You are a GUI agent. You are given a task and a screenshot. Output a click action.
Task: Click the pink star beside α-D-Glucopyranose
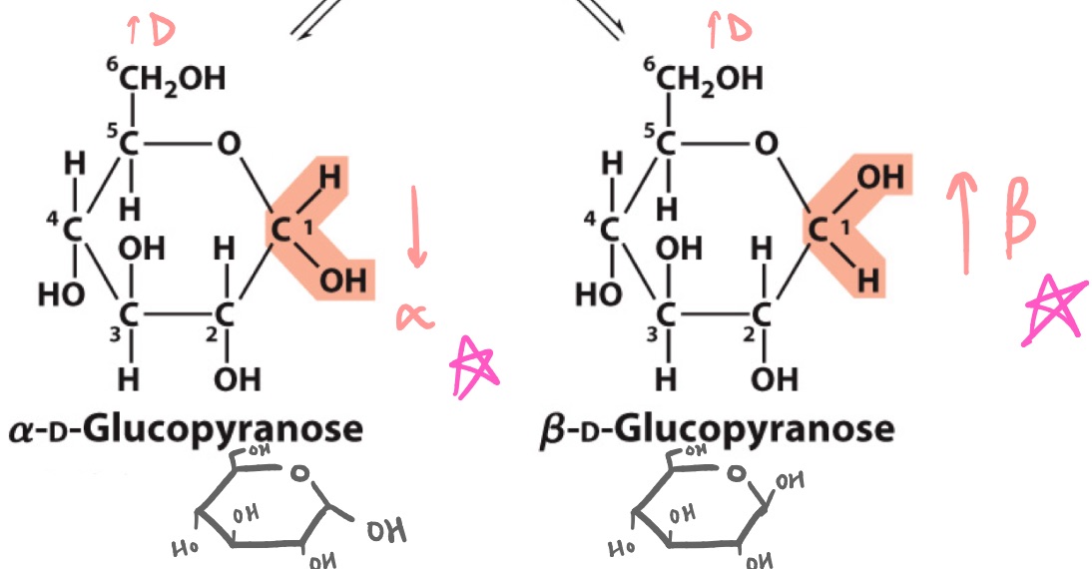coord(473,363)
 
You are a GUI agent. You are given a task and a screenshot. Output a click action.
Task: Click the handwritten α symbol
coord(416,316)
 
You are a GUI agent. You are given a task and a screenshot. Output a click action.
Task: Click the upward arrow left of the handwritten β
coord(963,222)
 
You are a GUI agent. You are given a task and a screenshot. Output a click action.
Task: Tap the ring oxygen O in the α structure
coord(229,145)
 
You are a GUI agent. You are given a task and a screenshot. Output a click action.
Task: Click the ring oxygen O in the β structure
coord(765,145)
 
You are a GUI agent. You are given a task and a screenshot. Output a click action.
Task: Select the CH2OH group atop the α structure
coord(167,78)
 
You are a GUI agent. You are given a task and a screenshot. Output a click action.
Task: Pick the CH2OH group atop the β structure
coord(703,78)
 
